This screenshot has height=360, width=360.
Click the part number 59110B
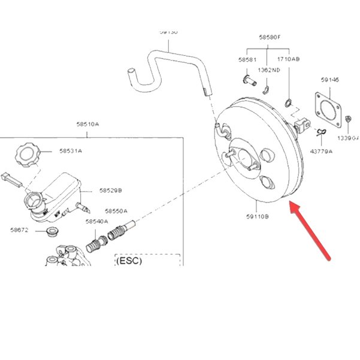[259, 217]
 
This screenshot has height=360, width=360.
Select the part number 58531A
[70, 151]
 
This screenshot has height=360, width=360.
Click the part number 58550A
[116, 211]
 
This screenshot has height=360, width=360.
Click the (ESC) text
[131, 261]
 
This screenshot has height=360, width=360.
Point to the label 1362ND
[269, 70]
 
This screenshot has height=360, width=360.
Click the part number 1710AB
[289, 60]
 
